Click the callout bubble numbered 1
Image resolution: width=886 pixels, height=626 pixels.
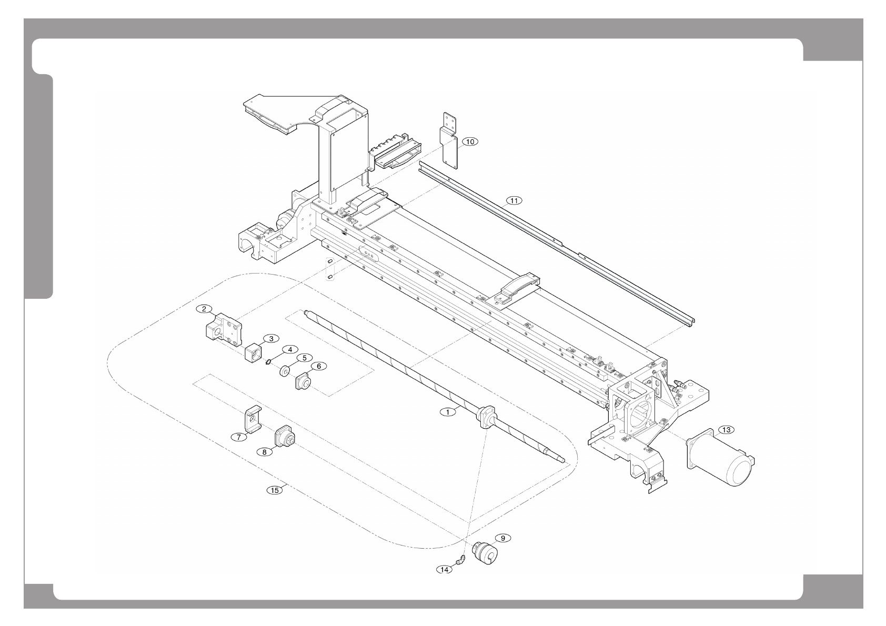448,412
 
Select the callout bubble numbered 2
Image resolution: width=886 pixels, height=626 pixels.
204,309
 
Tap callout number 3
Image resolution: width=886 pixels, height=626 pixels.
271,338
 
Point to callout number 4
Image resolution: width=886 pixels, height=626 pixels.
289,349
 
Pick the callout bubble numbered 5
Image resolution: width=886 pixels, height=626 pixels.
303,357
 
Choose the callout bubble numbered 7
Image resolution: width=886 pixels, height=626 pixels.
238,437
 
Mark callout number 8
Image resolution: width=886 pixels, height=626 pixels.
265,451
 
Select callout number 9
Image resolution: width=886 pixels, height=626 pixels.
502,538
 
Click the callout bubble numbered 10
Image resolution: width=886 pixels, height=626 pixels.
470,142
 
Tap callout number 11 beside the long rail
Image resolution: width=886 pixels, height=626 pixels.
514,200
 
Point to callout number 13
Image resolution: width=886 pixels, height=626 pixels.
726,430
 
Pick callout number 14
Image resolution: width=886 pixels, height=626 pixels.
445,569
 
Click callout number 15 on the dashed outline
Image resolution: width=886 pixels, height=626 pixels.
274,490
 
